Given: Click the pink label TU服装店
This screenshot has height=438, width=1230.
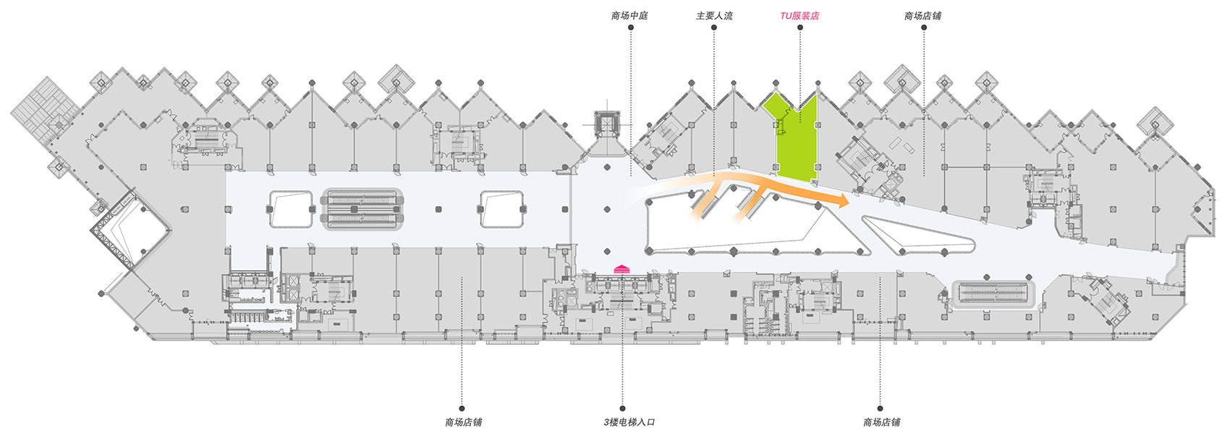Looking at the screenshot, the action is tap(799, 16).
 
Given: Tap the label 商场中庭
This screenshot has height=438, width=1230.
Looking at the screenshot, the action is tap(629, 16).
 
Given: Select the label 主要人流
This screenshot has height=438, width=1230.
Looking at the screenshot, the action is tap(714, 16).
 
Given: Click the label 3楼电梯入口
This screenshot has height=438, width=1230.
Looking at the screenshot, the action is tap(629, 422).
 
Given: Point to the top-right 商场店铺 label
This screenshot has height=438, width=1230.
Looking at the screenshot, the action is tap(923, 16).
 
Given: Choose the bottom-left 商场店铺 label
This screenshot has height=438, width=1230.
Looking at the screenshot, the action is tap(464, 422).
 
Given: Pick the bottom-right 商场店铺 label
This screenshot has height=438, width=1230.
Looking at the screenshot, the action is tap(881, 422).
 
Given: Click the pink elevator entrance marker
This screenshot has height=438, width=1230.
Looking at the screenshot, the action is tap(622, 269).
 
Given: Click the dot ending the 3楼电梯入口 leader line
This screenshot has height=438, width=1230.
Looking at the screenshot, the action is tap(622, 408).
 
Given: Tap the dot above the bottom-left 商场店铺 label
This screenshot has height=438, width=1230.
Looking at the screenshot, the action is tap(462, 408).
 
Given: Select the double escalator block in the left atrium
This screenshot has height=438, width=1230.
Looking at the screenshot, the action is tap(362, 209).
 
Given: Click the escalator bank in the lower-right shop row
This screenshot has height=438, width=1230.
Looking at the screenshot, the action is tap(994, 296).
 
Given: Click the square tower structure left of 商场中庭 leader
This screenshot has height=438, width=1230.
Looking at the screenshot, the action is tap(606, 124).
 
